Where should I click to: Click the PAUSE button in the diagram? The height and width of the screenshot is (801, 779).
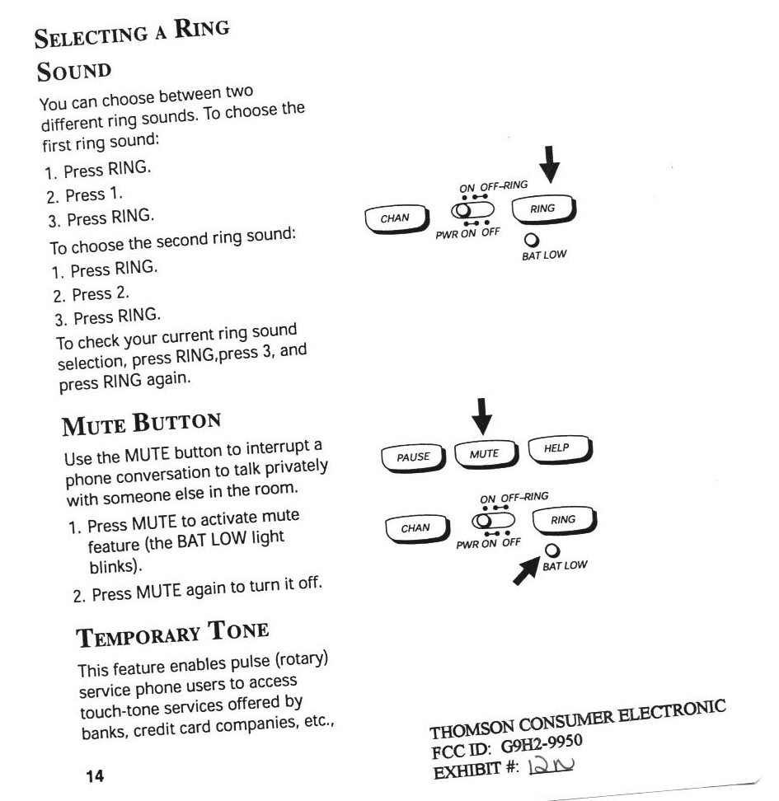414,457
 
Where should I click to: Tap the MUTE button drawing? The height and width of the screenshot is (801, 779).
484,454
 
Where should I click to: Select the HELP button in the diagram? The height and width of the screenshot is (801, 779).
556,449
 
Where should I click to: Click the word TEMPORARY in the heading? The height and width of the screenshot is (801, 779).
139,635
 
